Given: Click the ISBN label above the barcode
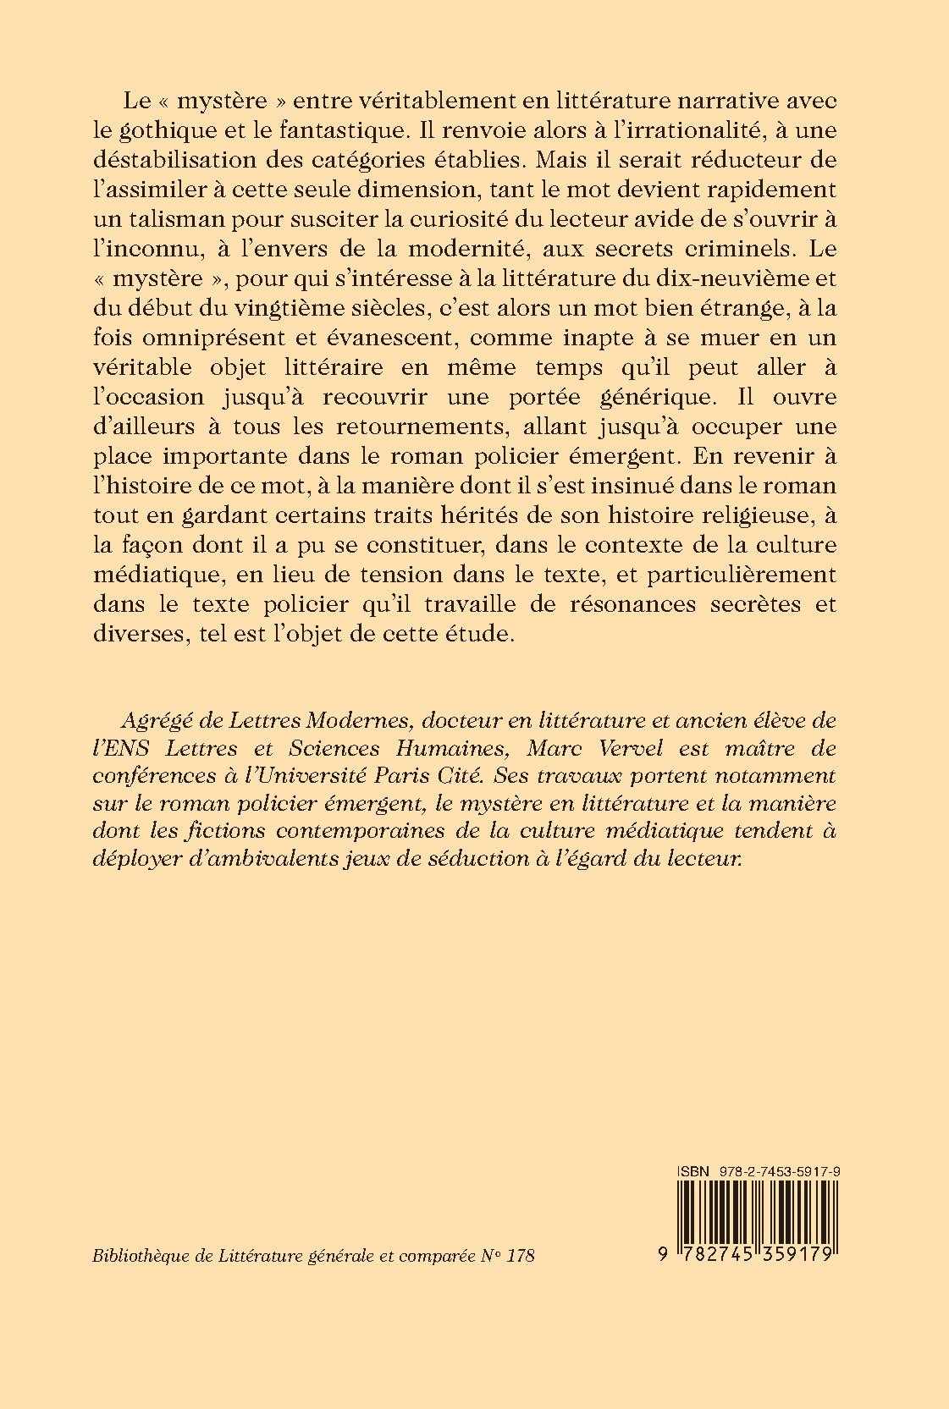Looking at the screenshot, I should click(x=692, y=1170).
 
